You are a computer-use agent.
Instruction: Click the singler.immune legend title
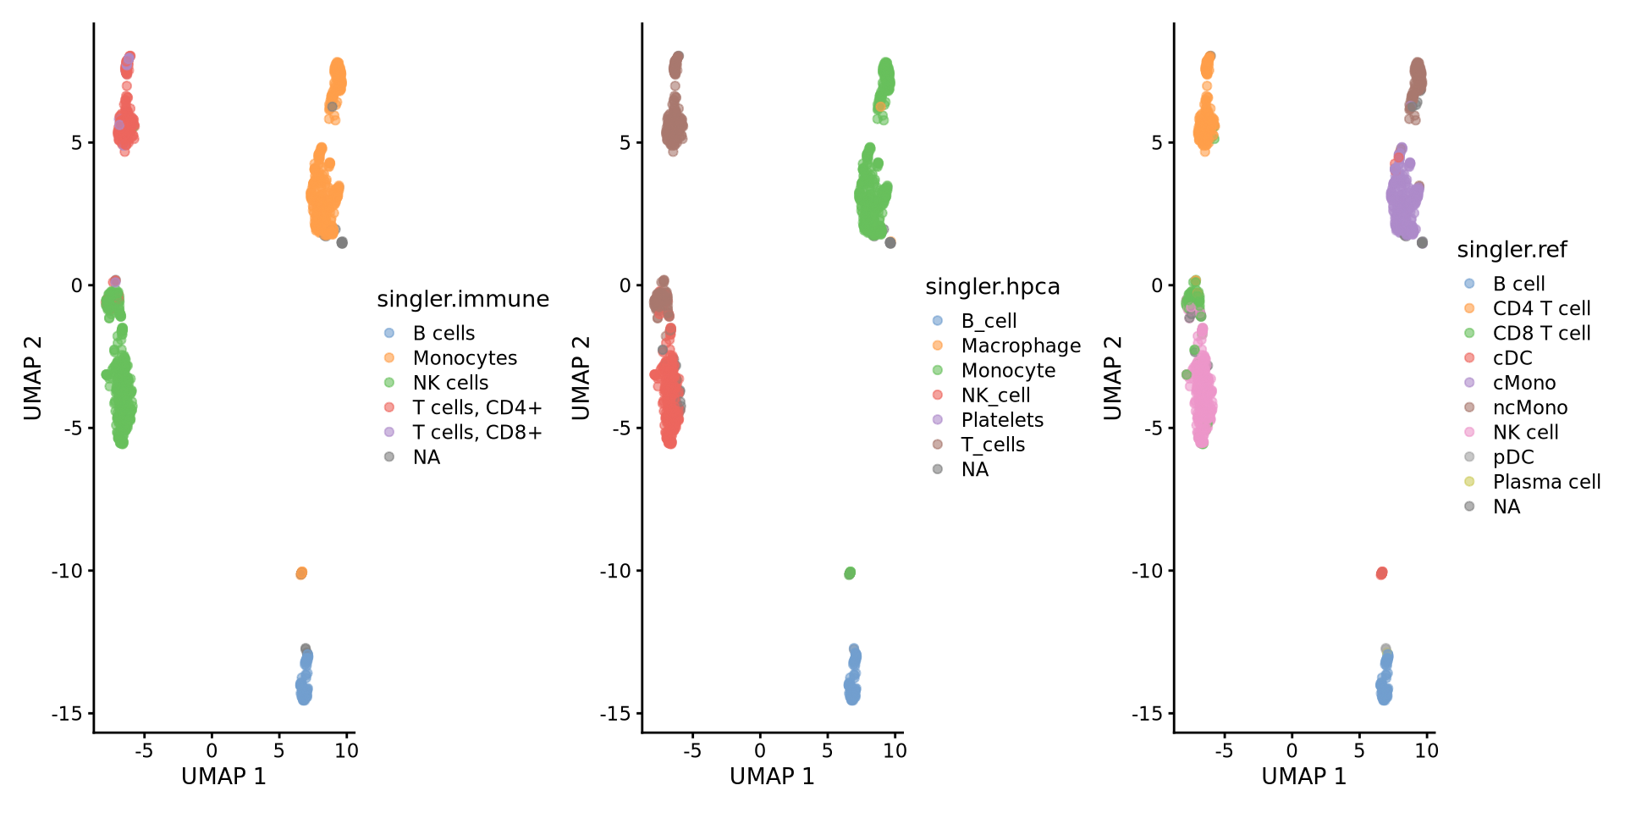463,300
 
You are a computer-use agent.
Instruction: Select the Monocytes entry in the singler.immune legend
465,358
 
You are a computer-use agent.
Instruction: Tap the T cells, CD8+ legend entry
476,433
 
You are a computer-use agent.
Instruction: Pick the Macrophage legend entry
1021,346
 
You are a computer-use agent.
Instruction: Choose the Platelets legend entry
1002,420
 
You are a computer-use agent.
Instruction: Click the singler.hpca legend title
992,288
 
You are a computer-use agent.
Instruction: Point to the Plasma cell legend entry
1546,482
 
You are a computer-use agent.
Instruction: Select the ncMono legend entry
1529,408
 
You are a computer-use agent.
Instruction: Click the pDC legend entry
1512,457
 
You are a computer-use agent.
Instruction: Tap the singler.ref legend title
1512,251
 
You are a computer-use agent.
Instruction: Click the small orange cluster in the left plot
301,573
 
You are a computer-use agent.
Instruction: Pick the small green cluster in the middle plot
850,573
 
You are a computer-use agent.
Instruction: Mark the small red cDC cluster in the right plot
1381,573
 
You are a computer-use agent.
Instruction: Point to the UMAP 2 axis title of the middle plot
581,378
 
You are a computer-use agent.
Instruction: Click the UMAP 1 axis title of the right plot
1303,777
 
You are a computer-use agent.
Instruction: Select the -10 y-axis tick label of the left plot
67,571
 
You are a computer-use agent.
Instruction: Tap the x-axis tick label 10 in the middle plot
895,751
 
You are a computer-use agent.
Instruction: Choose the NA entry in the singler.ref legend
1506,507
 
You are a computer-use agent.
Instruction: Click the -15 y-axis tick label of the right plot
1147,714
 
